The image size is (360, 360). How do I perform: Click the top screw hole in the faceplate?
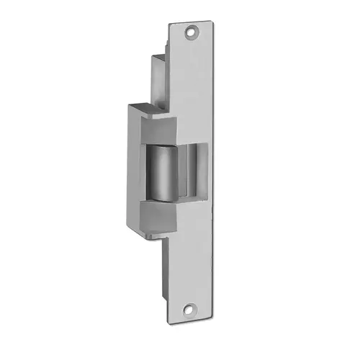pyautogui.click(x=192, y=32)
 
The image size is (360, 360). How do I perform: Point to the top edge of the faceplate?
pyautogui.click(x=192, y=22)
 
